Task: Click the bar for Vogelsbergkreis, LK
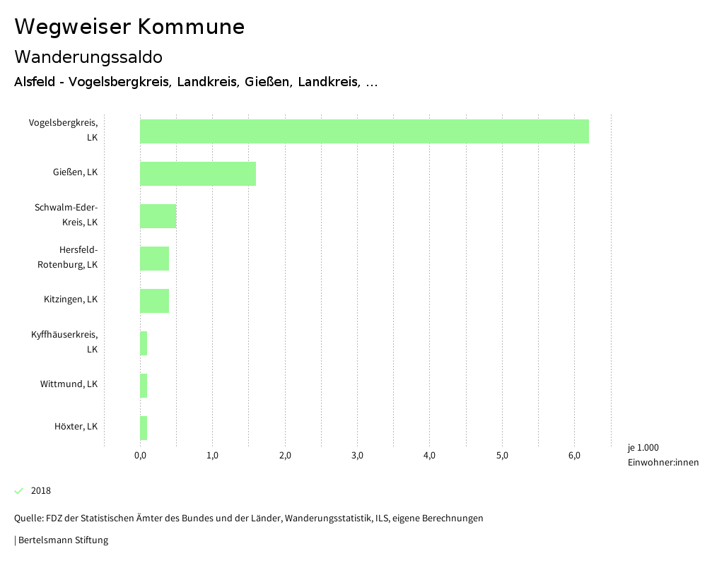364,131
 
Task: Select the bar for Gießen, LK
198,174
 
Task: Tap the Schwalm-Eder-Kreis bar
158,216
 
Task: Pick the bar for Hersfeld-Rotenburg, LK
154,259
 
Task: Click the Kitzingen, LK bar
154,301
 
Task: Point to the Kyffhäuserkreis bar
144,343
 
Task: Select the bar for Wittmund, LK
144,386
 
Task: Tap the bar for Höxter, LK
144,428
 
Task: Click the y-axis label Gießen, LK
75,172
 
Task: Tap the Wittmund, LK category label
69,384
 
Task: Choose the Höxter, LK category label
76,427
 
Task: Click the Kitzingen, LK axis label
71,300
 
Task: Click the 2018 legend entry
40,491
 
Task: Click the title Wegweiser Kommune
129,27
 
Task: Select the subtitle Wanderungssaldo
88,57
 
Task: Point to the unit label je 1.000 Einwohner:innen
662,455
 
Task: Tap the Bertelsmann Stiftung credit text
62,540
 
